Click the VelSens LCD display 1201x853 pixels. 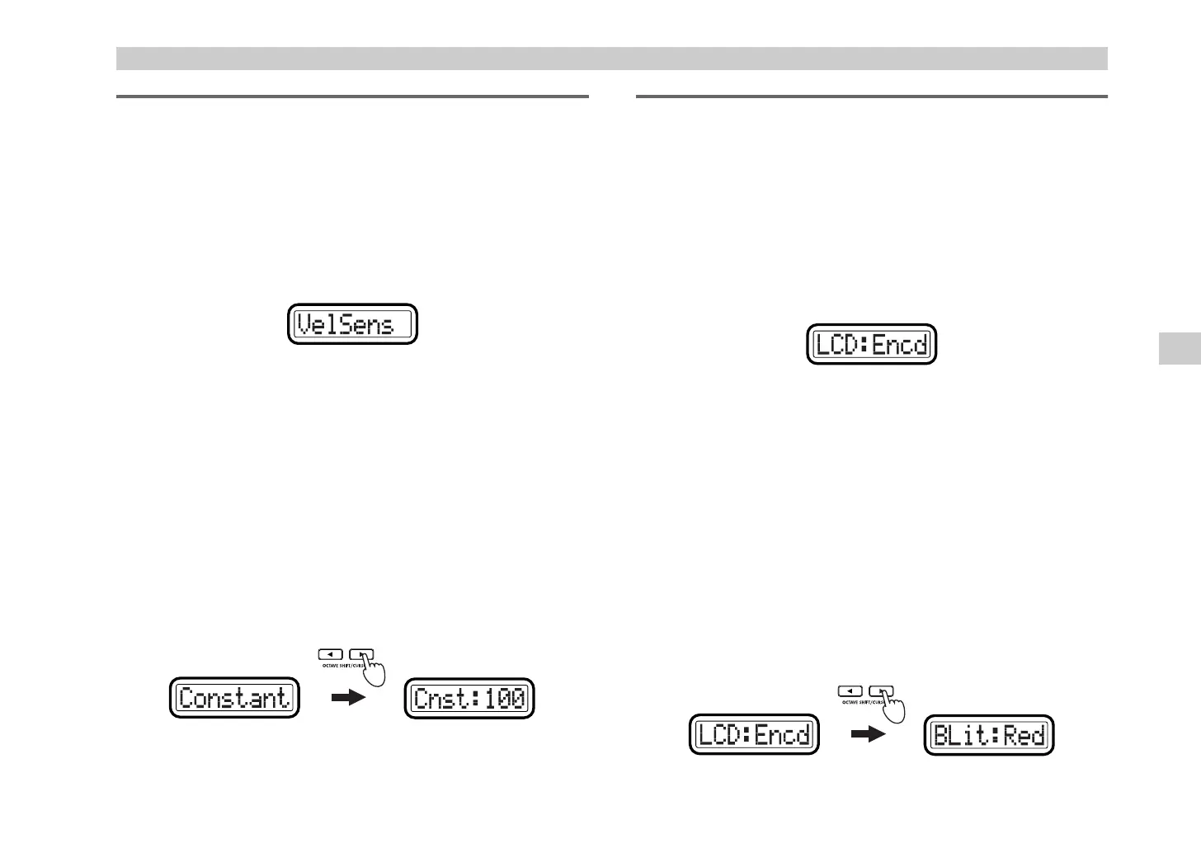[x=352, y=324]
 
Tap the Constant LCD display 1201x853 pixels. [x=234, y=698]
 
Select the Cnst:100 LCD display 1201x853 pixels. [x=470, y=698]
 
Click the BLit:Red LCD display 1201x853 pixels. [x=989, y=734]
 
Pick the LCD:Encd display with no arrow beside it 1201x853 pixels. [x=872, y=344]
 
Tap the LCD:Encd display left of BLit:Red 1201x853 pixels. [x=754, y=734]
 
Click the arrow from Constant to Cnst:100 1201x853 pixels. [x=347, y=698]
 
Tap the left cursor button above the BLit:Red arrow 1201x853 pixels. [x=852, y=690]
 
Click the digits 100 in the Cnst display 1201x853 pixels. [x=504, y=699]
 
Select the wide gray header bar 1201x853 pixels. [x=611, y=59]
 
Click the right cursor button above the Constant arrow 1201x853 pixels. [x=361, y=654]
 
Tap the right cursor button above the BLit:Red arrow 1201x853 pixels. [x=881, y=690]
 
